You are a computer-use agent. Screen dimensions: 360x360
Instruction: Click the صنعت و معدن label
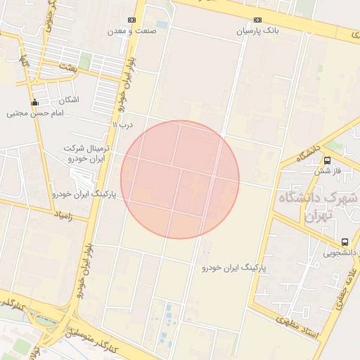(131, 31)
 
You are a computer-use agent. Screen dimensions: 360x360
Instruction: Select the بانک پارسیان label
(257, 31)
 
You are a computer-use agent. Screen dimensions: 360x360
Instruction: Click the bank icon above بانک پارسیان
(258, 20)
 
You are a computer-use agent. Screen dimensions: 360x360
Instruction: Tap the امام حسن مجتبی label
(35, 112)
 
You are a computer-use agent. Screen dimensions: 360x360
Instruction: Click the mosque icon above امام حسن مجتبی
(36, 101)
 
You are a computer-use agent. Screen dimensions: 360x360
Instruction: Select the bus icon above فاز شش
(328, 160)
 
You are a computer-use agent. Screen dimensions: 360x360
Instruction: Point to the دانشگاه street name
(309, 152)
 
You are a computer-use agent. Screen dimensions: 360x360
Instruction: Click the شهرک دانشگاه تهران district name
(323, 207)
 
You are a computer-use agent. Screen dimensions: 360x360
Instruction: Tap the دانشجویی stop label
(340, 251)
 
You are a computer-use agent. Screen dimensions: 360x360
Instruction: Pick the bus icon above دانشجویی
(345, 240)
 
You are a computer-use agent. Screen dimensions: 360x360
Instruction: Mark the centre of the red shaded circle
(180, 179)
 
